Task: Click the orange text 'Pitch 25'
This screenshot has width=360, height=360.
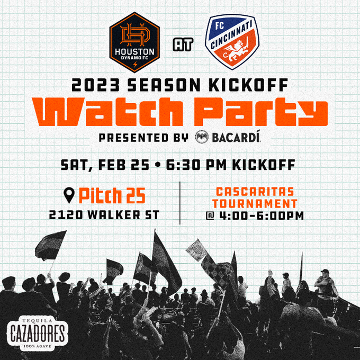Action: pyautogui.click(x=112, y=196)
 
